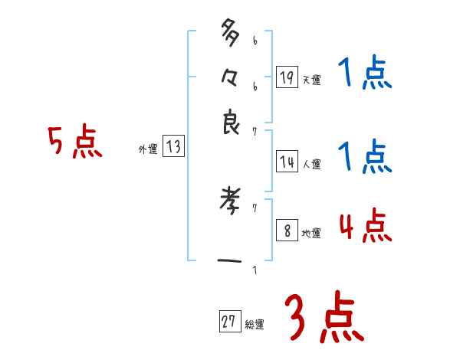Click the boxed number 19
pos(287,77)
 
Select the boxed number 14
pos(287,162)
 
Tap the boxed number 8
pos(287,231)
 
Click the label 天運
pos(311,80)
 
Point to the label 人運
pos(311,164)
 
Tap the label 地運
pos(311,234)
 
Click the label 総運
pos(254,325)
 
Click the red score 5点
pos(74,143)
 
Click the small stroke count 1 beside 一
pos(254,269)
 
